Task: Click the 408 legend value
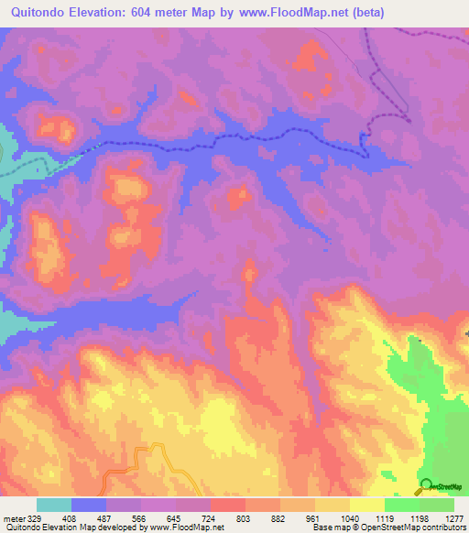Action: click(x=68, y=518)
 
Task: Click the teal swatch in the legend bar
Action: click(x=54, y=505)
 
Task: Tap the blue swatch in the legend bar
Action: click(x=89, y=505)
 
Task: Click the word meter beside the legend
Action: click(x=13, y=518)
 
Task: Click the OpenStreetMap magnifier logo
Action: click(x=426, y=484)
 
